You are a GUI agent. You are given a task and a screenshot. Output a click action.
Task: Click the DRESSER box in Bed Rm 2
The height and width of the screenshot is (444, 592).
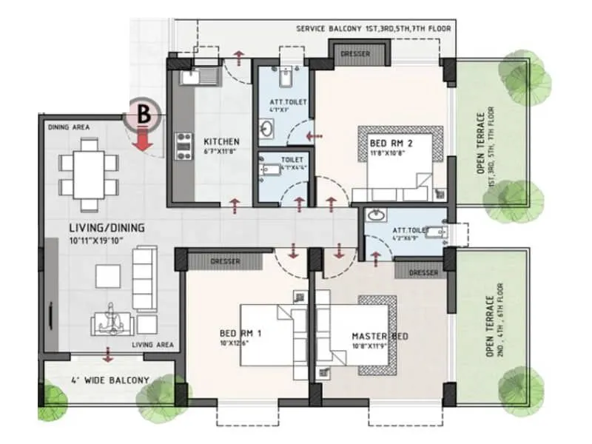pyautogui.click(x=360, y=55)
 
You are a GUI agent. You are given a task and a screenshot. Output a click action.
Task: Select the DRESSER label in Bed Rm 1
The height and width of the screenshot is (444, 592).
pyautogui.click(x=224, y=260)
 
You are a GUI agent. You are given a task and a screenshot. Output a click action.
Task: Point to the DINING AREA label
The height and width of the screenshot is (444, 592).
pyautogui.click(x=69, y=127)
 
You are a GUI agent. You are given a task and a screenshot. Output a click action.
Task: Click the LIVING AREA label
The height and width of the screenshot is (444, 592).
pyautogui.click(x=152, y=344)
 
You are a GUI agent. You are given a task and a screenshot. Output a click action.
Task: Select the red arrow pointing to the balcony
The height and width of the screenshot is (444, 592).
pyautogui.click(x=109, y=354)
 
